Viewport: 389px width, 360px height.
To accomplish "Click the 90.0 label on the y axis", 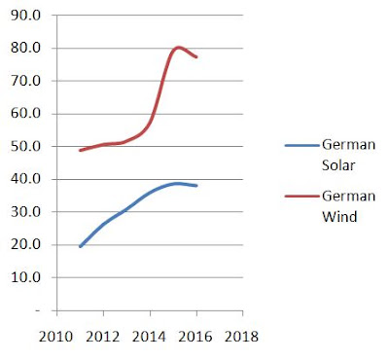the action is pos(25,16).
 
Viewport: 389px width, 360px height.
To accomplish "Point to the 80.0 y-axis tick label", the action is pos(25,48).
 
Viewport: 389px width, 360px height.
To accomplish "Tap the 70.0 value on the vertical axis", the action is pos(25,81).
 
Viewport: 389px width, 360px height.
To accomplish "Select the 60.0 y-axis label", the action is pos(25,114).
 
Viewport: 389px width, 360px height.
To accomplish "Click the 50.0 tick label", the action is pos(25,146).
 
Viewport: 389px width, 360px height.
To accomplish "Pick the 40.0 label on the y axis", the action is pos(25,179).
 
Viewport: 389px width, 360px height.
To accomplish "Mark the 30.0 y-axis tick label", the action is pos(25,212).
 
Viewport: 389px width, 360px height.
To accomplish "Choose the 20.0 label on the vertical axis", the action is pos(25,244).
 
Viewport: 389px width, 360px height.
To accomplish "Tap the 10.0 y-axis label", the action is pos(25,277).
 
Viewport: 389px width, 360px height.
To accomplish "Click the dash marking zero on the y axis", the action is pos(38,310).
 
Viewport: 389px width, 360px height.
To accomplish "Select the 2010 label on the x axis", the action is pos(56,337).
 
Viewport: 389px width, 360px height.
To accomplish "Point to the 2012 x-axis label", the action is pos(103,337).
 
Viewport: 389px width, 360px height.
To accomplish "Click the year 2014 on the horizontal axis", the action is pos(149,337).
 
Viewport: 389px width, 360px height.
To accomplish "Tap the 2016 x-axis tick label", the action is pos(195,337).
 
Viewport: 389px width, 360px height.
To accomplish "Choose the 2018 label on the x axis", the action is pos(242,337).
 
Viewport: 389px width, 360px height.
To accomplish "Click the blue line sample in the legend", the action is pos(302,146).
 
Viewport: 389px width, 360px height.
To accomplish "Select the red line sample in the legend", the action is pos(302,197).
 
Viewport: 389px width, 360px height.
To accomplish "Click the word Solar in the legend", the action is pos(338,165).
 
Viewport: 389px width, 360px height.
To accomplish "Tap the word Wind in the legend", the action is pos(339,216).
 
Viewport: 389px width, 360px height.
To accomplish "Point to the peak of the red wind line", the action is pos(178,48).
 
